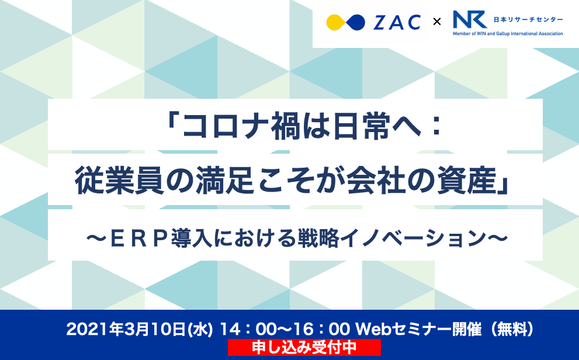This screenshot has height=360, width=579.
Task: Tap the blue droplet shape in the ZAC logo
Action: pos(354,23)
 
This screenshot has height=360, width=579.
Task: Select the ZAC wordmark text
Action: pos(397,23)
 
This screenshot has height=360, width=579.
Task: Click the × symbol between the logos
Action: pos(436,23)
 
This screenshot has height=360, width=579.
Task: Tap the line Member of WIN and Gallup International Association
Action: pos(508,34)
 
